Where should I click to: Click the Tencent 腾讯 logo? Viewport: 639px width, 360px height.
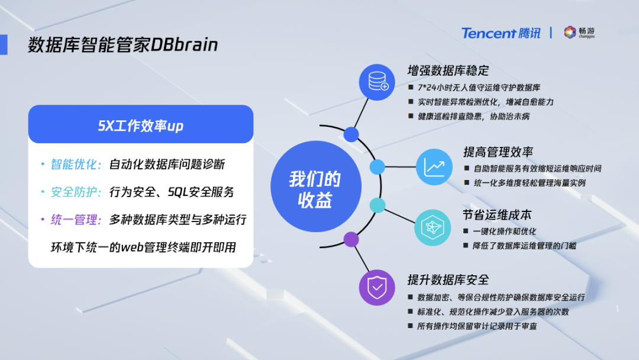[x=501, y=33]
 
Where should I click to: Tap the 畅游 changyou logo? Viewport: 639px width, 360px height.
[x=579, y=32]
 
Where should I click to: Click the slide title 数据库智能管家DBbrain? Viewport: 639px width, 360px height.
[x=122, y=44]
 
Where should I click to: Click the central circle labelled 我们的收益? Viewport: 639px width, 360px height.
[x=316, y=187]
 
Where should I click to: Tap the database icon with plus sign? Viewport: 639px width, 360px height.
[x=377, y=82]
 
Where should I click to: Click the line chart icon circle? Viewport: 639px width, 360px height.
[x=434, y=167]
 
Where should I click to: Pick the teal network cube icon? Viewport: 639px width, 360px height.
[x=433, y=227]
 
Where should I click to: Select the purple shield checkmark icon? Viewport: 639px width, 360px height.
[x=377, y=287]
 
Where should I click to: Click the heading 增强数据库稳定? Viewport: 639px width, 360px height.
[x=448, y=70]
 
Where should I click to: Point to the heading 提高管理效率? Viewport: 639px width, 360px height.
[x=498, y=152]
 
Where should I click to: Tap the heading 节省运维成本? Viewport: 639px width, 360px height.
[x=497, y=214]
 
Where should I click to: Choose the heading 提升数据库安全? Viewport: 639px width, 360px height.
[x=448, y=279]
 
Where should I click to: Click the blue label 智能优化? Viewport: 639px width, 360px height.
[x=75, y=164]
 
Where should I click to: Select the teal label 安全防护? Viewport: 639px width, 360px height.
[x=75, y=192]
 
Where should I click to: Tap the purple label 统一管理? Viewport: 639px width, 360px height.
[x=75, y=220]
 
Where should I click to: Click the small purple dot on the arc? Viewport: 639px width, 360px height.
[x=351, y=239]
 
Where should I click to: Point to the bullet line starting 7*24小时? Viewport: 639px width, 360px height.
[x=479, y=88]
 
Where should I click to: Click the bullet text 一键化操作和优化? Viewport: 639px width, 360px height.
[x=504, y=232]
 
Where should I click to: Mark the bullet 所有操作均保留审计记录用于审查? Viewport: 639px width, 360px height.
[x=477, y=326]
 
